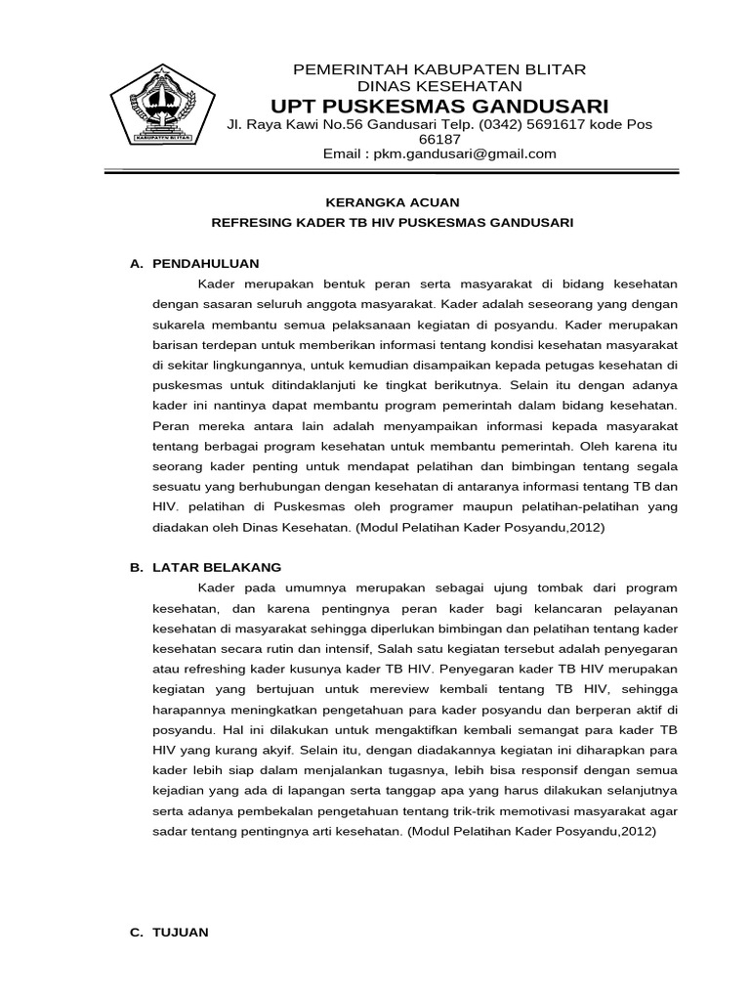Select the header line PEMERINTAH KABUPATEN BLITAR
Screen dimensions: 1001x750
click(439, 69)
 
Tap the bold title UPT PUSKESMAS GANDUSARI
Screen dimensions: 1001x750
click(439, 106)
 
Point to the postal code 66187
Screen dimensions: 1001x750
click(438, 140)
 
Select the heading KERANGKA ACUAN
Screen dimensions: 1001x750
click(392, 201)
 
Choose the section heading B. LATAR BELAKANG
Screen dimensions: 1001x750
click(206, 567)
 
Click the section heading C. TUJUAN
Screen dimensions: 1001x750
click(170, 933)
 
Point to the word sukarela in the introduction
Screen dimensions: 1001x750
click(178, 324)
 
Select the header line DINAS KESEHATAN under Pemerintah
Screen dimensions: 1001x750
click(439, 86)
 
